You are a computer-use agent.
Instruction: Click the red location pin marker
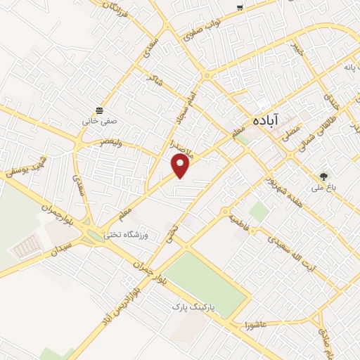[x=181, y=166]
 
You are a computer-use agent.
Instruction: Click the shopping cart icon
[x=240, y=7]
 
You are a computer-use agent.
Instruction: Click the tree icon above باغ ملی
[x=323, y=177]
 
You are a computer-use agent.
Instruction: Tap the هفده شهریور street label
[x=290, y=173]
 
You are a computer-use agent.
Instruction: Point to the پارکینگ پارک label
[x=193, y=308]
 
